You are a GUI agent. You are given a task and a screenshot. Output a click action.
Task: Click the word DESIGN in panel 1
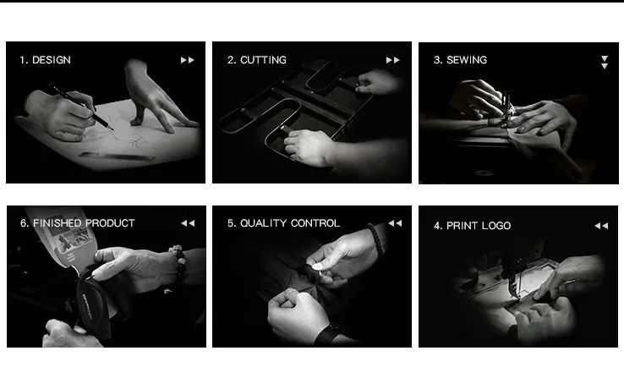pos(52,60)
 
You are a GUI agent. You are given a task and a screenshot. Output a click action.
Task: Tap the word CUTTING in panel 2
pos(263,60)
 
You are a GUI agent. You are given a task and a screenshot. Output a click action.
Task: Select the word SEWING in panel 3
pos(467,60)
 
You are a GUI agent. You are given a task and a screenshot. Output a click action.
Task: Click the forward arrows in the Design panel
pos(187,60)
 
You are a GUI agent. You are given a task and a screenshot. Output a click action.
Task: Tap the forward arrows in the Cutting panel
pos(392,60)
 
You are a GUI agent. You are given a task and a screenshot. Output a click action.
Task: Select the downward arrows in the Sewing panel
pos(604,62)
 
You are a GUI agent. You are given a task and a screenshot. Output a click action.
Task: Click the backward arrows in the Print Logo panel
pos(601,226)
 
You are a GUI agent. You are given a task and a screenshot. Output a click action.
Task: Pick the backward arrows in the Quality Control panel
pos(395,223)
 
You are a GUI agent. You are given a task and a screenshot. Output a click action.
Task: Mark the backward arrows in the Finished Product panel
pos(188,223)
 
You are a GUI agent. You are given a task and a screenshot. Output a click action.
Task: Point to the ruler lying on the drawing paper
pos(117,156)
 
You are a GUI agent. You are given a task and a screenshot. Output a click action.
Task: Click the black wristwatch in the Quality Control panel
pos(328,335)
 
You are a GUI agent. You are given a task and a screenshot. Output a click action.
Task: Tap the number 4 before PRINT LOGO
pos(437,226)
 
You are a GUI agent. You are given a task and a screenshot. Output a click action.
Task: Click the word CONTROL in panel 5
pos(315,223)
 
